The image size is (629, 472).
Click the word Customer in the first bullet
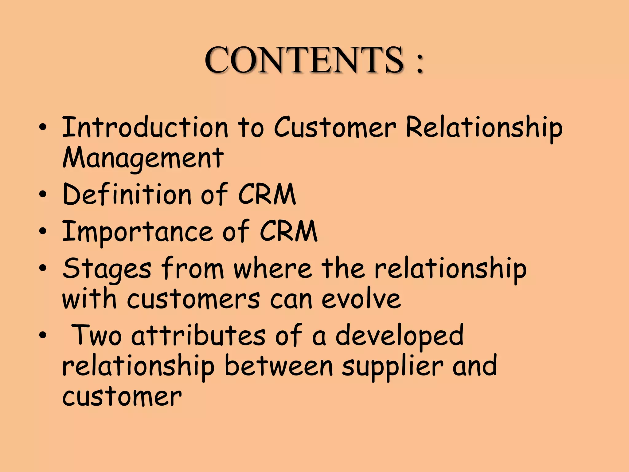pyautogui.click(x=335, y=127)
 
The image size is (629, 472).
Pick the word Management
pyautogui.click(x=143, y=159)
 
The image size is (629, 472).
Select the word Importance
pyautogui.click(x=138, y=231)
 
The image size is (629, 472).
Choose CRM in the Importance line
pyautogui.click(x=289, y=231)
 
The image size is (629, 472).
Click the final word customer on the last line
pyautogui.click(x=122, y=397)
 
